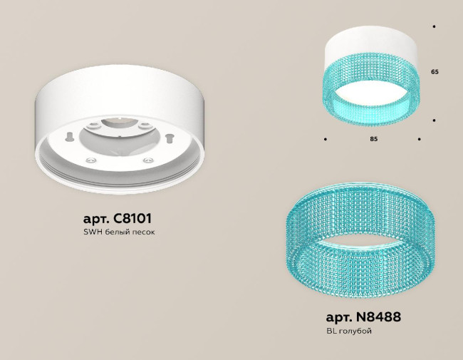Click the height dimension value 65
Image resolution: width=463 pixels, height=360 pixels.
click(434, 73)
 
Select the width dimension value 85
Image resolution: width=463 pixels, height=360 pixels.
click(373, 139)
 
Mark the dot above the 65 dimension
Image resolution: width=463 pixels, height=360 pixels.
click(434, 26)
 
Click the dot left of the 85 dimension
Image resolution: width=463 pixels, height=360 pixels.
click(326, 139)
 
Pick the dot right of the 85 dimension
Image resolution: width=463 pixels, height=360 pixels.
click(420, 139)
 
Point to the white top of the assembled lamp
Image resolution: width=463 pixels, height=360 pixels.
click(373, 44)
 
